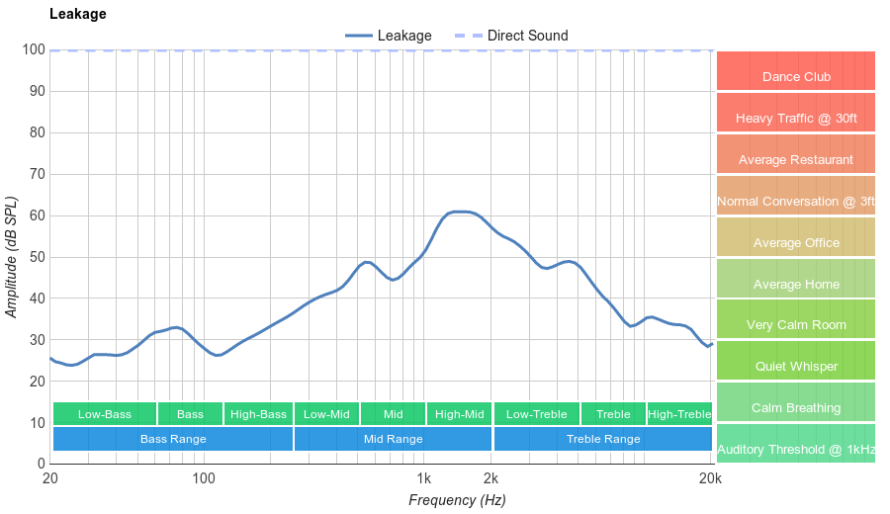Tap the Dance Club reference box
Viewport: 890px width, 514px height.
tap(796, 76)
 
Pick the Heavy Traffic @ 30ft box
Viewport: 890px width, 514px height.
tap(796, 119)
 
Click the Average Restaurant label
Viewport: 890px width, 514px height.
tap(796, 160)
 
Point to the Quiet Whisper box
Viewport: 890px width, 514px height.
tap(796, 366)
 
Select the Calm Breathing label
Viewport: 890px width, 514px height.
tap(796, 407)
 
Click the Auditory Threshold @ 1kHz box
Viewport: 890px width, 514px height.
tap(796, 450)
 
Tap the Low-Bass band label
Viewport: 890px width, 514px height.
tap(104, 414)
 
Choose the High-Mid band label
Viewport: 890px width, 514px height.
tap(460, 414)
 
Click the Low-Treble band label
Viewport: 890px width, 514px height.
tap(536, 414)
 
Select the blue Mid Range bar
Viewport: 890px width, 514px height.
tap(393, 439)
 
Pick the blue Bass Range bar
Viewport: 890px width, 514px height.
tap(173, 439)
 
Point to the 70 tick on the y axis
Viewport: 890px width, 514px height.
tap(36, 174)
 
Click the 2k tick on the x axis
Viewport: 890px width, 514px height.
tap(490, 479)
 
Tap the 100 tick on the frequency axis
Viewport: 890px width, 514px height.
tap(204, 479)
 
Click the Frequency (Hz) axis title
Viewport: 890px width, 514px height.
tap(457, 500)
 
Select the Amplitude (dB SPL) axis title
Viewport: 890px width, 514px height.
tap(12, 257)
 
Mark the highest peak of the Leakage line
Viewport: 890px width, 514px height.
tap(460, 212)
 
